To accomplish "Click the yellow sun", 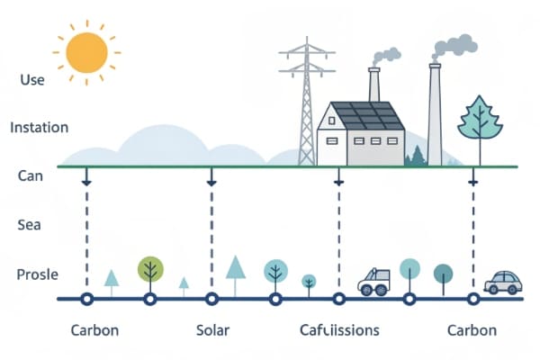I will point(87,52).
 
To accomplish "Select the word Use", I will point(31,79).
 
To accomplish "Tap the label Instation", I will point(39,128).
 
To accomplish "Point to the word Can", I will point(31,176).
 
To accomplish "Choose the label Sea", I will point(31,225).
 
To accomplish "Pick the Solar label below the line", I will point(214,330).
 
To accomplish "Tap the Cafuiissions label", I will point(339,330).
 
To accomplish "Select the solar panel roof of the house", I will point(364,116).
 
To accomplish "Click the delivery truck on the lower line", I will point(373,281).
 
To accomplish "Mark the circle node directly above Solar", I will point(211,299).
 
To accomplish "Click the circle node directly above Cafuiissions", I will point(338,299).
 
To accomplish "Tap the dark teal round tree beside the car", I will point(443,274).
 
